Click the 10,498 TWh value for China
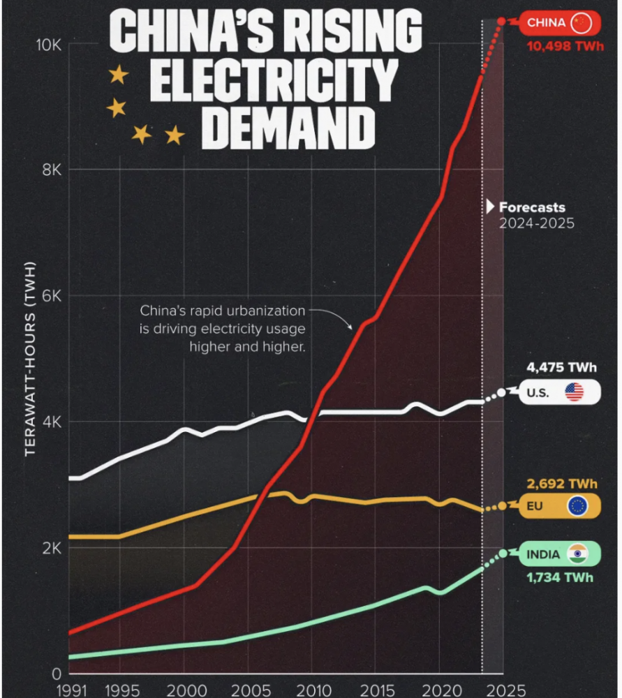[561, 47]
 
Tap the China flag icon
[581, 23]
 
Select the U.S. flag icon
[574, 392]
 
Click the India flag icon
[577, 554]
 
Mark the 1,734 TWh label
[559, 577]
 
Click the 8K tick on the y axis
[51, 170]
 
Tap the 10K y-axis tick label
[49, 44]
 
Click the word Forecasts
[532, 207]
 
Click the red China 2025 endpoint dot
[501, 22]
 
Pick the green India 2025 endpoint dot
[503, 554]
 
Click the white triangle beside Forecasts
[491, 207]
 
